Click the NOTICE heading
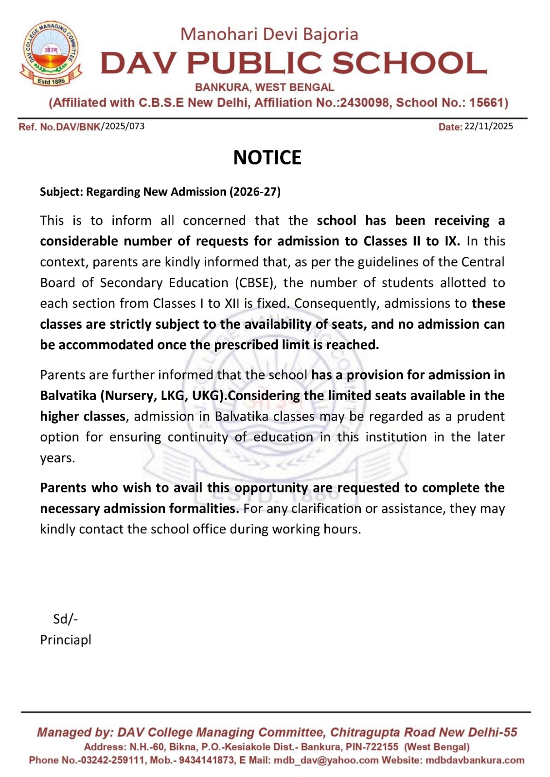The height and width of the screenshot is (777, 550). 267,157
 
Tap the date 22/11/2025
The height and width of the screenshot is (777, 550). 488,126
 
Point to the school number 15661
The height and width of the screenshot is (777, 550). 486,103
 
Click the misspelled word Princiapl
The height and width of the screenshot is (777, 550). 66,640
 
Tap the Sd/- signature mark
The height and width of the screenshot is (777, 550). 65,619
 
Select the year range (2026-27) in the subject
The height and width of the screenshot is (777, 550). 255,192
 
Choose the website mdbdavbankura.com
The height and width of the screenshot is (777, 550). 475,760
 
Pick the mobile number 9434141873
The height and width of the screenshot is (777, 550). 206,760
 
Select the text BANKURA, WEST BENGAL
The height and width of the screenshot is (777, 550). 265,87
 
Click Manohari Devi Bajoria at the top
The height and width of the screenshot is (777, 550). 269,34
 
